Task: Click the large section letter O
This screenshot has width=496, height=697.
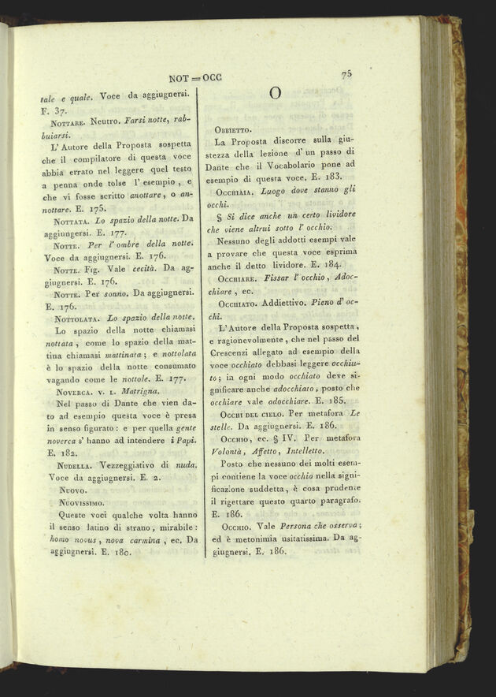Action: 275,93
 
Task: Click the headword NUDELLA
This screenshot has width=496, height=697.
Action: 75,467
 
